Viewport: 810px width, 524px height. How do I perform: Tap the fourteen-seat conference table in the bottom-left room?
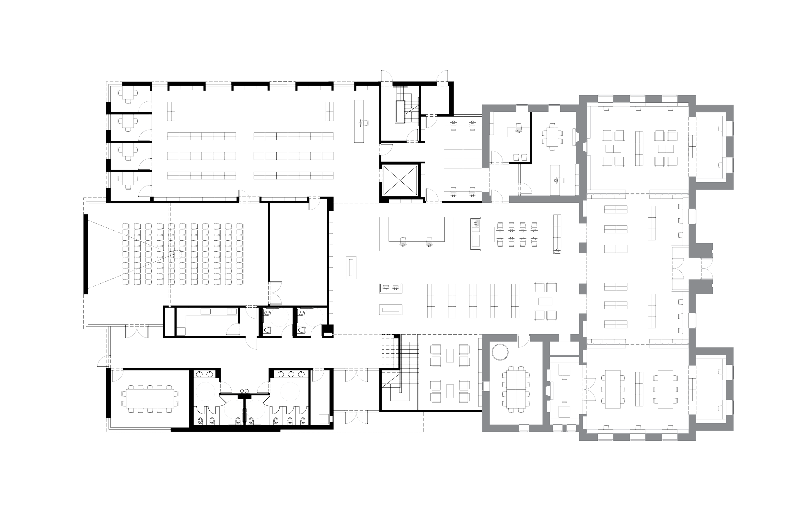[x=150, y=398]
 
